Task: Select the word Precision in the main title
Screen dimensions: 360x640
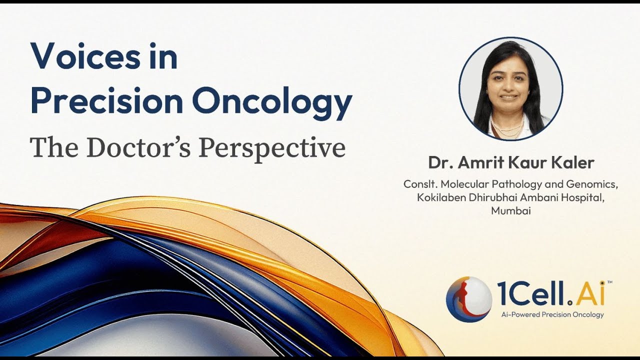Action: point(106,101)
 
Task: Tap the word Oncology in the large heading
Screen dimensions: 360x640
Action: point(272,101)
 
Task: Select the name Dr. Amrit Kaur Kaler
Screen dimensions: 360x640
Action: point(510,163)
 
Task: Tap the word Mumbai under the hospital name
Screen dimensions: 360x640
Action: point(510,211)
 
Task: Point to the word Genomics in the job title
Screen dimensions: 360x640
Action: point(596,184)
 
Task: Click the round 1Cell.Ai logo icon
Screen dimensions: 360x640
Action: point(468,299)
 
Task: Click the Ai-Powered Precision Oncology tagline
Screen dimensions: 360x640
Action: point(552,314)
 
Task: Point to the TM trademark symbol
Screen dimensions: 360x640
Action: point(609,283)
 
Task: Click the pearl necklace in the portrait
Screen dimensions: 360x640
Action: point(507,125)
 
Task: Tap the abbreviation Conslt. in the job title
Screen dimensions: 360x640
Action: point(420,184)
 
